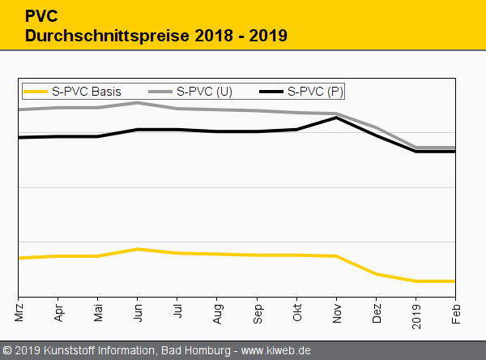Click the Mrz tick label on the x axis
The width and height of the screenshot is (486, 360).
point(19,310)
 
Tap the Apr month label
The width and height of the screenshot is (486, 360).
point(58,311)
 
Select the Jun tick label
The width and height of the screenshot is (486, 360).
point(138,311)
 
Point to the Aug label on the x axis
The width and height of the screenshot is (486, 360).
point(217,311)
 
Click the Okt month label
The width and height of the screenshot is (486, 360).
point(296,311)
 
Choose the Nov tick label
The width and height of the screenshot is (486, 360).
point(336,311)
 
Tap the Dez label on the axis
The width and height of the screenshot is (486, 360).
point(376,311)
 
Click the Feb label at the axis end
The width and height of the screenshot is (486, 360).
point(455,311)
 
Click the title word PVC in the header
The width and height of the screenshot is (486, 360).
point(41,16)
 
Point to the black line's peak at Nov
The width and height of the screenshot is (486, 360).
point(336,118)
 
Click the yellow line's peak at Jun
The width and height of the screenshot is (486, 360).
point(138,249)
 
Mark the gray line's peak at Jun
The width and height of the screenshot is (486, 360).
point(138,103)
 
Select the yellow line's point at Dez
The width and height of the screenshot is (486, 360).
point(376,274)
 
